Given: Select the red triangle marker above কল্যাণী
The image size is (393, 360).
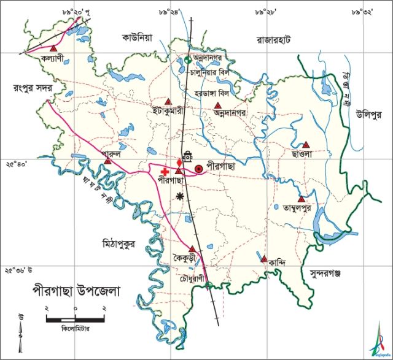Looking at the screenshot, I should [x=54, y=48].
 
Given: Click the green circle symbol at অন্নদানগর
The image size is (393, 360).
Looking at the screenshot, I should [x=189, y=59].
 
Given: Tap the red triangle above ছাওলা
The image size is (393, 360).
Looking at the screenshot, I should [x=306, y=144].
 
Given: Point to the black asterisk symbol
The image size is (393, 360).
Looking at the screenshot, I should [x=179, y=196].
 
